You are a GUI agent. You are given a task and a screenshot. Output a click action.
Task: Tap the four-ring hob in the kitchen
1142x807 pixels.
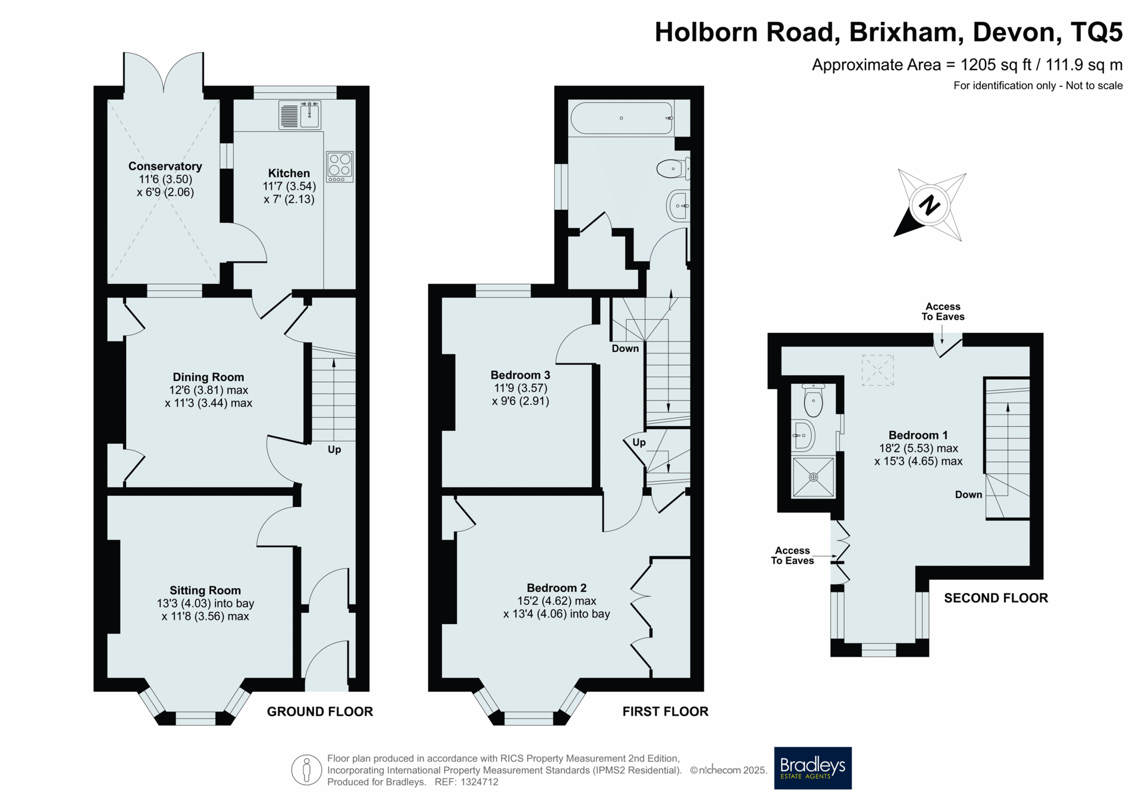click(x=340, y=167)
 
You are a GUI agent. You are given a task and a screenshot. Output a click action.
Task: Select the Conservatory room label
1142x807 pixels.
click(x=165, y=166)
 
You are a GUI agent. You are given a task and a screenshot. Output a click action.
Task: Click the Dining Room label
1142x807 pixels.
click(x=208, y=377)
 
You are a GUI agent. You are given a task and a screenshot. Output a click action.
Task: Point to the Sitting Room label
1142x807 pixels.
click(x=205, y=590)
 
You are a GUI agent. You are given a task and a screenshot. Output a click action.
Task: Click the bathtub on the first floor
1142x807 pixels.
click(x=622, y=118)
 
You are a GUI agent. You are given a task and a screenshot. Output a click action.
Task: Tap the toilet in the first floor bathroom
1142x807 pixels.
click(x=673, y=169)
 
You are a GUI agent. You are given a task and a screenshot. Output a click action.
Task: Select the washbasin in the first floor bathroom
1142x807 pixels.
click(x=679, y=206)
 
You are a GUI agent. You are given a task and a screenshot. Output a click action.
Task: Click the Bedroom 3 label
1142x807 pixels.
click(x=520, y=375)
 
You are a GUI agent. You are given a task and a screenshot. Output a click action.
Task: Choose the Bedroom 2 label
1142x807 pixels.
click(x=557, y=588)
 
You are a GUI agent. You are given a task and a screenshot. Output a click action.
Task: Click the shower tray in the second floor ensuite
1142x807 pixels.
click(x=813, y=477)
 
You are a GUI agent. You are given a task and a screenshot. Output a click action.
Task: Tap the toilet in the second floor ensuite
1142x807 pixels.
click(x=813, y=400)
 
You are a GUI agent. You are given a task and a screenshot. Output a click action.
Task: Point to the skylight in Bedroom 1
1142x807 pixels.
click(x=877, y=371)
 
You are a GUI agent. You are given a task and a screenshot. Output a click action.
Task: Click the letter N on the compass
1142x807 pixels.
click(x=929, y=206)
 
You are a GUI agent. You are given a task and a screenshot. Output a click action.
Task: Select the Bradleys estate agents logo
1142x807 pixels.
click(x=812, y=768)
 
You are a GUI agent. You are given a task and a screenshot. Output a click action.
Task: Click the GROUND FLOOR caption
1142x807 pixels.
click(x=320, y=711)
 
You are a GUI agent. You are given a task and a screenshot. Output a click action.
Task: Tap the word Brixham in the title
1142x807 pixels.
click(x=906, y=32)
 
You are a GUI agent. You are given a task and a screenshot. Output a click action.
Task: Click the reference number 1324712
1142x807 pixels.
click(x=478, y=782)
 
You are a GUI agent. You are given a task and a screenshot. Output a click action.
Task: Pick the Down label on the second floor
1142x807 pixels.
click(x=968, y=494)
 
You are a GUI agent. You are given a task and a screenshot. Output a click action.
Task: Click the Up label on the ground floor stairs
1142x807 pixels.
click(x=334, y=450)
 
